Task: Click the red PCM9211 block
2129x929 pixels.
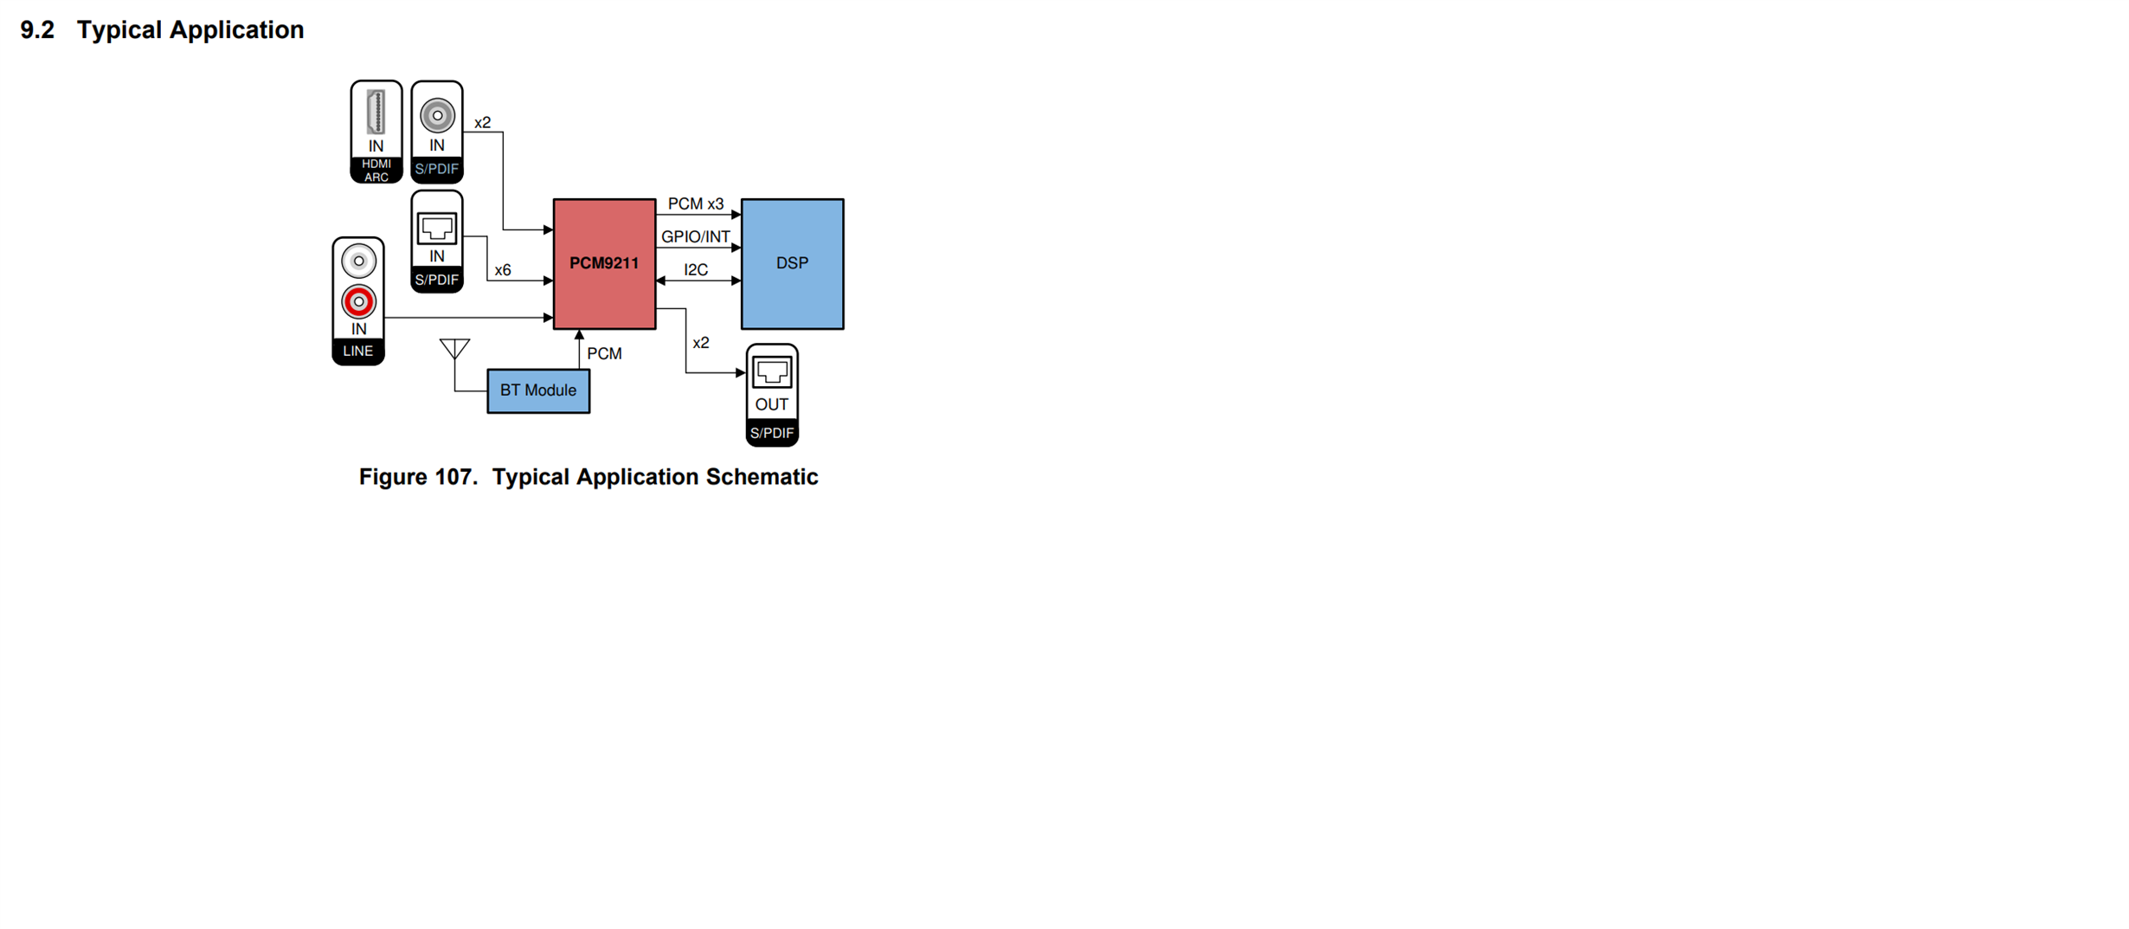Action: (604, 264)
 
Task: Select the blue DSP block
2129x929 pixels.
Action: (792, 264)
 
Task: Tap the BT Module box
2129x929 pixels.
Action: (538, 391)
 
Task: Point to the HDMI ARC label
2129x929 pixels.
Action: (376, 171)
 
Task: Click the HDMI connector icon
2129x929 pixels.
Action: (376, 112)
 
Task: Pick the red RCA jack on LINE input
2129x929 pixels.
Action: (358, 301)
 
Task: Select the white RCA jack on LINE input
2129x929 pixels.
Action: (358, 261)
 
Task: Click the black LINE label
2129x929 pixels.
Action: (358, 351)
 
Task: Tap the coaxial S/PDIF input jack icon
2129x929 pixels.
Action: (437, 115)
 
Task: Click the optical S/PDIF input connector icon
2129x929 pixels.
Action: (437, 229)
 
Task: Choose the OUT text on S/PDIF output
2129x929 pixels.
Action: (772, 404)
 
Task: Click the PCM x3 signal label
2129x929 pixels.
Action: (696, 204)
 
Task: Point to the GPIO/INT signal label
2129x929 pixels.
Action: (696, 236)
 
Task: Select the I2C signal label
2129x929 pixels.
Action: (696, 270)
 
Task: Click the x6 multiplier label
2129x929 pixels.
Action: (503, 270)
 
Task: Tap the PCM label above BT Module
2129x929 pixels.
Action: (604, 353)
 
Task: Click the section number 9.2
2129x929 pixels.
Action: (37, 30)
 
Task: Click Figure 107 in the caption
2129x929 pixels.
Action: (418, 477)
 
